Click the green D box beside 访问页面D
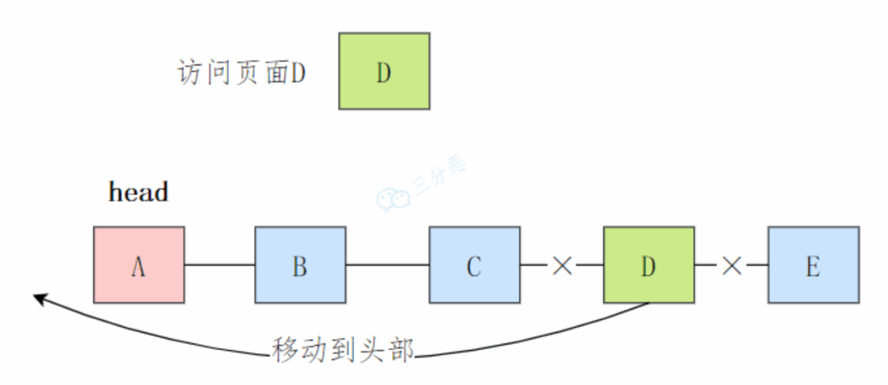pos(384,71)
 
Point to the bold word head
pos(138,192)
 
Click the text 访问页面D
pos(242,73)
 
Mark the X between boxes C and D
pos(562,265)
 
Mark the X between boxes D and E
pos(732,265)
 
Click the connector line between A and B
pos(219,264)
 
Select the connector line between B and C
pos(388,264)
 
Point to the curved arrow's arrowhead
pos(40,299)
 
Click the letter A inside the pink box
pos(139,267)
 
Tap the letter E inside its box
pos(813,267)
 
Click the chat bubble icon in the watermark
pos(392,199)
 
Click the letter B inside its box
pos(300,267)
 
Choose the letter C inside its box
pos(474,267)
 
